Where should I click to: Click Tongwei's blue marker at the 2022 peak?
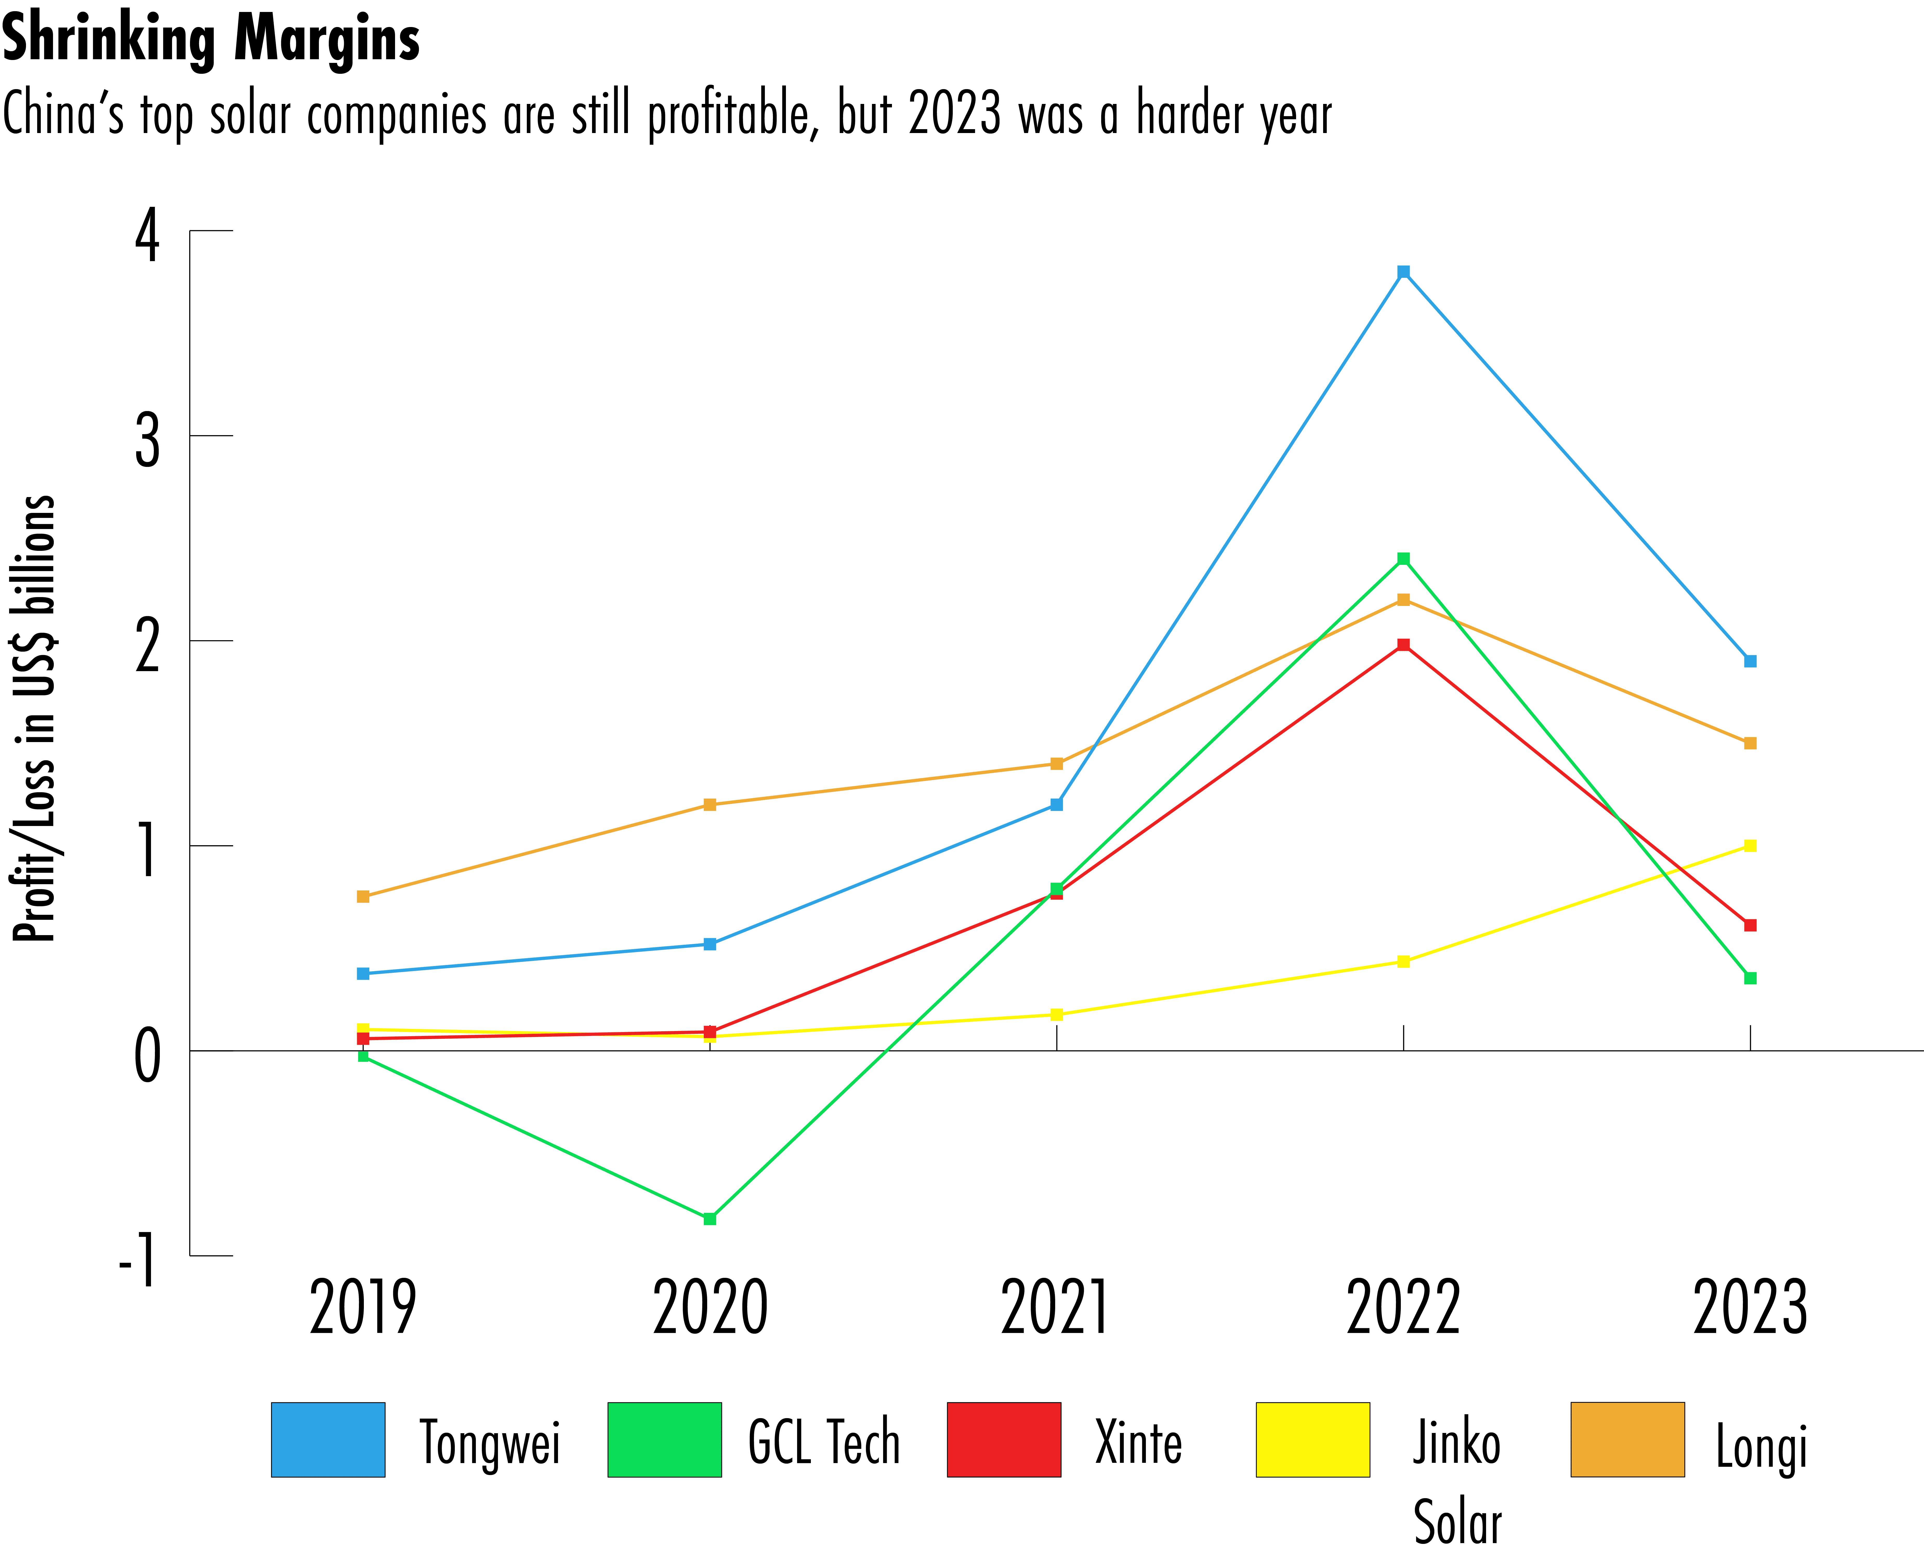click(x=1404, y=272)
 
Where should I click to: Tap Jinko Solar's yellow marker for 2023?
click(x=1750, y=845)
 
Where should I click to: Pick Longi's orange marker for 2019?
click(x=363, y=896)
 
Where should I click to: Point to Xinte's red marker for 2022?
click(x=1404, y=644)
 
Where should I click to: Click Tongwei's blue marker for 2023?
click(x=1750, y=661)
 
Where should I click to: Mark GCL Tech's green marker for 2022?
click(x=1404, y=559)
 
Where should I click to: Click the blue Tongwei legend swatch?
click(x=328, y=1440)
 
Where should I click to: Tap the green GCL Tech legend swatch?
click(x=664, y=1440)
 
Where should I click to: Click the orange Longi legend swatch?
click(x=1627, y=1440)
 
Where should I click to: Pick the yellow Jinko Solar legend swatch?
click(x=1313, y=1440)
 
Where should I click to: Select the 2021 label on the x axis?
click(x=1056, y=1307)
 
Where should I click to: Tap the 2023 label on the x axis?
click(x=1750, y=1307)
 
